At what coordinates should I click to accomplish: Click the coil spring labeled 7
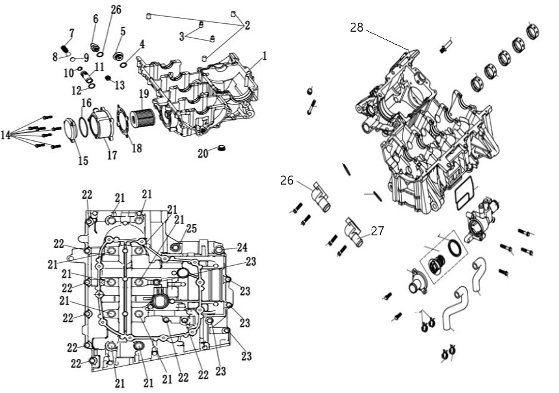64,49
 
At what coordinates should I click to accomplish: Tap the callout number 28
357,27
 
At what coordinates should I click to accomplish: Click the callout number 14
5,135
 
